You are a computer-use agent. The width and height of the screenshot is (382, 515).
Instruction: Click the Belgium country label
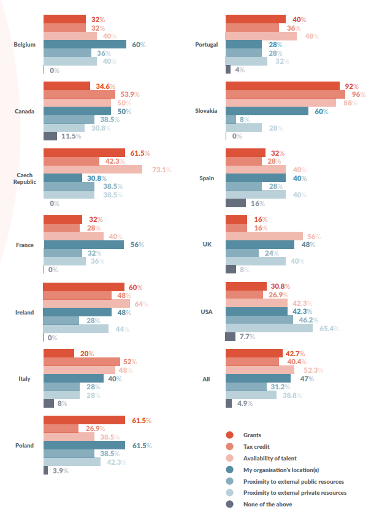[x=25, y=45]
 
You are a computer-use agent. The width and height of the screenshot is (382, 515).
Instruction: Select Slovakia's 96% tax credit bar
[x=285, y=94]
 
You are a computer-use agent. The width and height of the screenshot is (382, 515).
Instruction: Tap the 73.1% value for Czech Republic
[x=162, y=169]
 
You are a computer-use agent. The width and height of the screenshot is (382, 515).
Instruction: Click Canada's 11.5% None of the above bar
[x=50, y=136]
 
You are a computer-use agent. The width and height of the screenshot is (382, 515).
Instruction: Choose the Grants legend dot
[x=229, y=435]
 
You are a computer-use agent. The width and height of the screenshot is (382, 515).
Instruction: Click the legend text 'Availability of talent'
[x=270, y=458]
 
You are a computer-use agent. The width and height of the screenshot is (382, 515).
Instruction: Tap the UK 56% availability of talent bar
[x=264, y=236]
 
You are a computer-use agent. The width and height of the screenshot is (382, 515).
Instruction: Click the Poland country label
[x=25, y=446]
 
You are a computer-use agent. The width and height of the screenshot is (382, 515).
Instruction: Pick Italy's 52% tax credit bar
[x=82, y=362]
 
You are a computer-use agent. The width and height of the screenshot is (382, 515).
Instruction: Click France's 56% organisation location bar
[x=83, y=245]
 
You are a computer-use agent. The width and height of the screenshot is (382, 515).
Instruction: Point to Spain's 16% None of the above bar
[x=236, y=203]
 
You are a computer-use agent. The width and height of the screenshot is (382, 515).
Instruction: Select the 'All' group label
[x=206, y=379]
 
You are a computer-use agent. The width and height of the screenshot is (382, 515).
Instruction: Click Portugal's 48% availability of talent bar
[x=261, y=36]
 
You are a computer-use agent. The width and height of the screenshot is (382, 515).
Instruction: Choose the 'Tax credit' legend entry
[x=256, y=446]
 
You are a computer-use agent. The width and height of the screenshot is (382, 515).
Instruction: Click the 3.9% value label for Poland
[x=60, y=470]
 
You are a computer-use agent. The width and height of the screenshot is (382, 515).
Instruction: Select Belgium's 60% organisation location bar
[x=85, y=44]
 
